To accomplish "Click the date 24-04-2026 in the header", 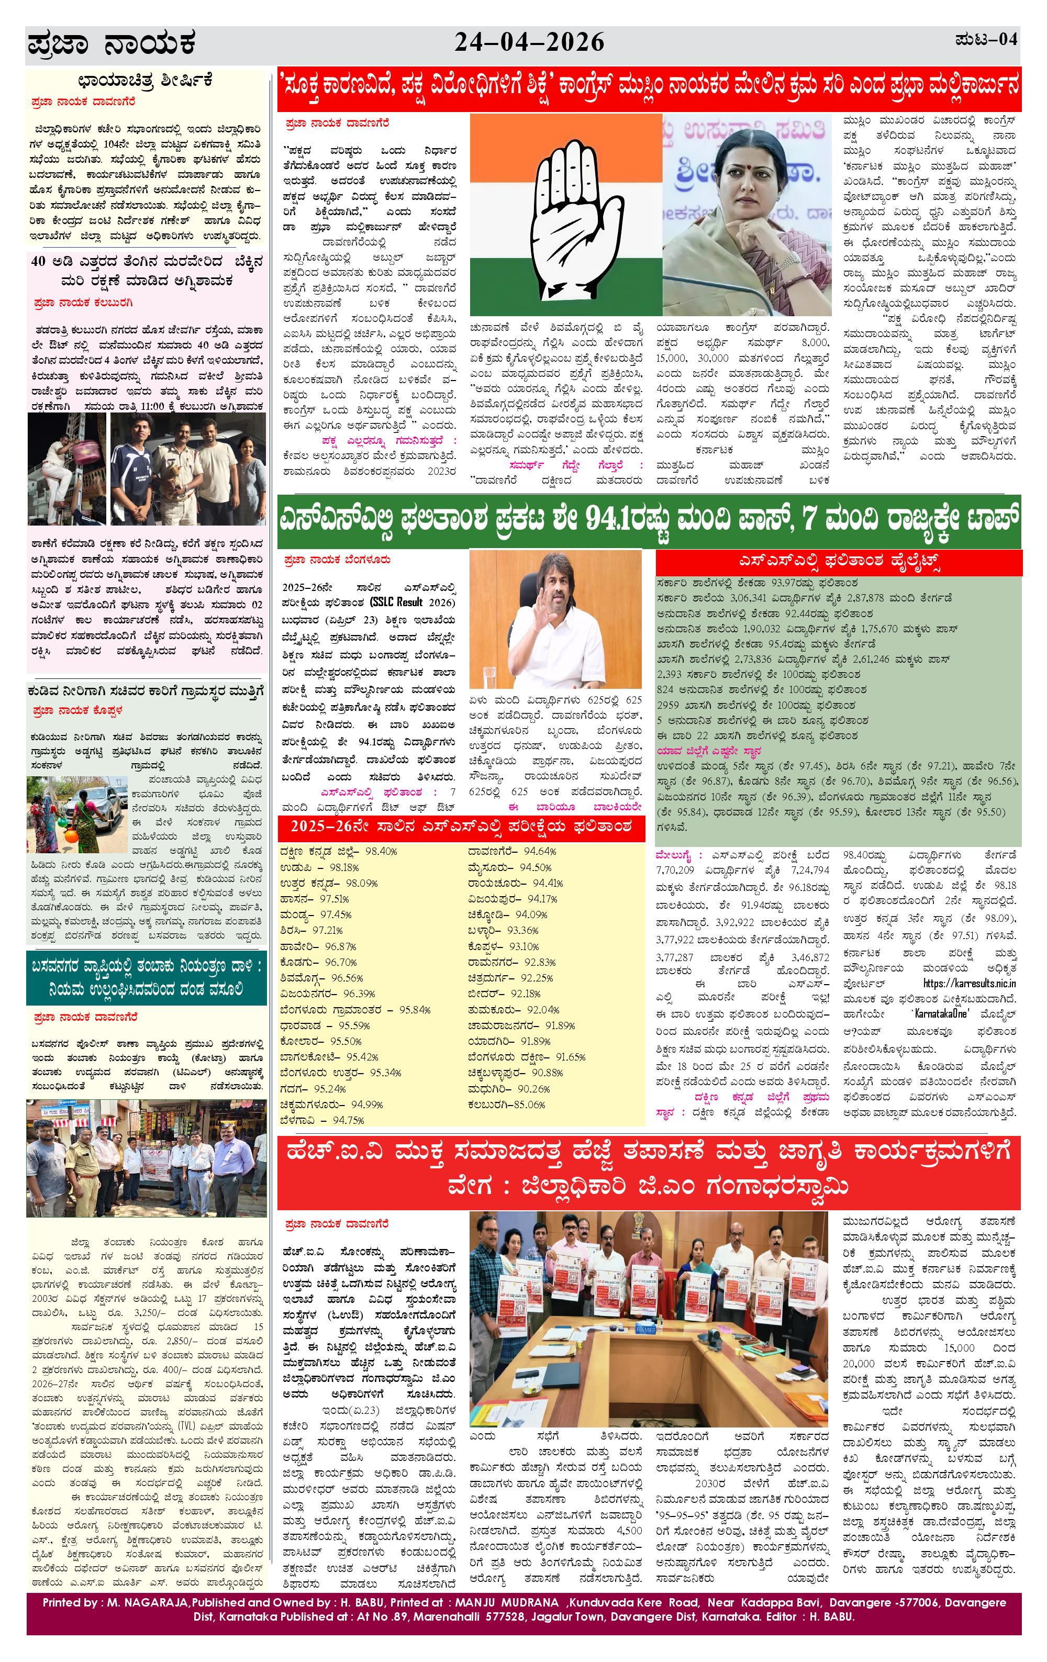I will point(529,43).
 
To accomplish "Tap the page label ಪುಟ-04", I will point(986,39).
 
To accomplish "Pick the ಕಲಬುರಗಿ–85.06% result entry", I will point(507,1105).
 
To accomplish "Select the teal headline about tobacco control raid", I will point(146,977).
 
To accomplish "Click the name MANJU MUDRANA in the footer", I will point(507,1603).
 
